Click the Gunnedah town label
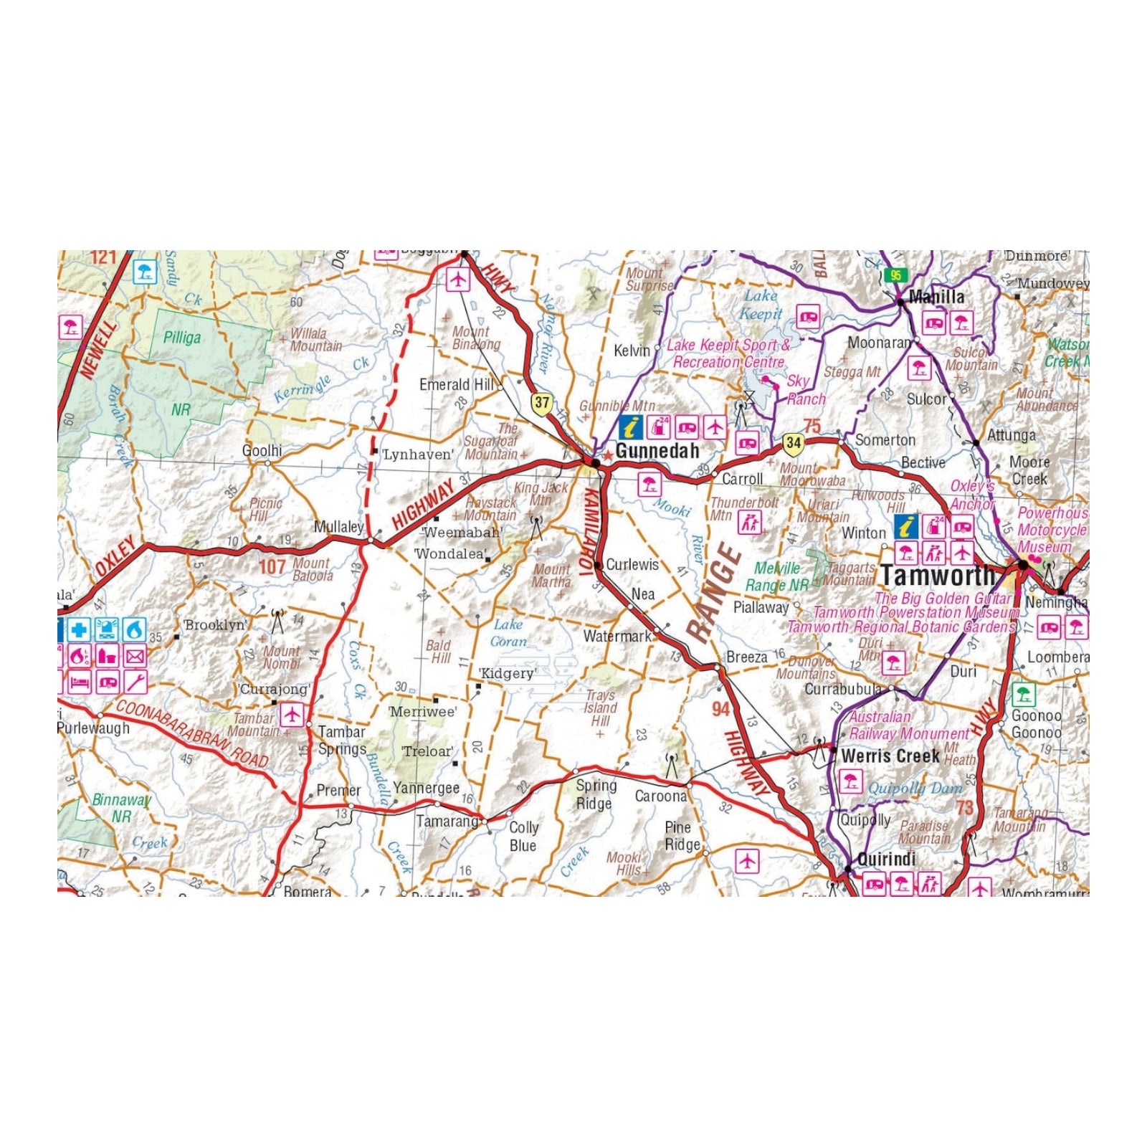pyautogui.click(x=657, y=451)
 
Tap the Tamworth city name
pyautogui.click(x=938, y=575)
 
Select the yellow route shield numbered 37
pyautogui.click(x=541, y=403)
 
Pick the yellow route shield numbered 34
pyautogui.click(x=792, y=442)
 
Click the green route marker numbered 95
pyautogui.click(x=895, y=275)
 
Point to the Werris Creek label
pyautogui.click(x=890, y=756)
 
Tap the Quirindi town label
pyautogui.click(x=887, y=859)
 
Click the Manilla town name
pyautogui.click(x=936, y=297)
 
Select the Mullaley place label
pyautogui.click(x=339, y=527)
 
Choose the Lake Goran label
pyautogui.click(x=508, y=633)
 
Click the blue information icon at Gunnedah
pyautogui.click(x=631, y=427)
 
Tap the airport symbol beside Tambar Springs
pyautogui.click(x=291, y=714)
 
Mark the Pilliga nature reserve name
pyautogui.click(x=181, y=337)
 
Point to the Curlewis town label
pyautogui.click(x=632, y=564)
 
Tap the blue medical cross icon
pyautogui.click(x=79, y=630)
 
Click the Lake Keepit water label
pyautogui.click(x=761, y=304)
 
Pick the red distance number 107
pyautogui.click(x=272, y=566)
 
